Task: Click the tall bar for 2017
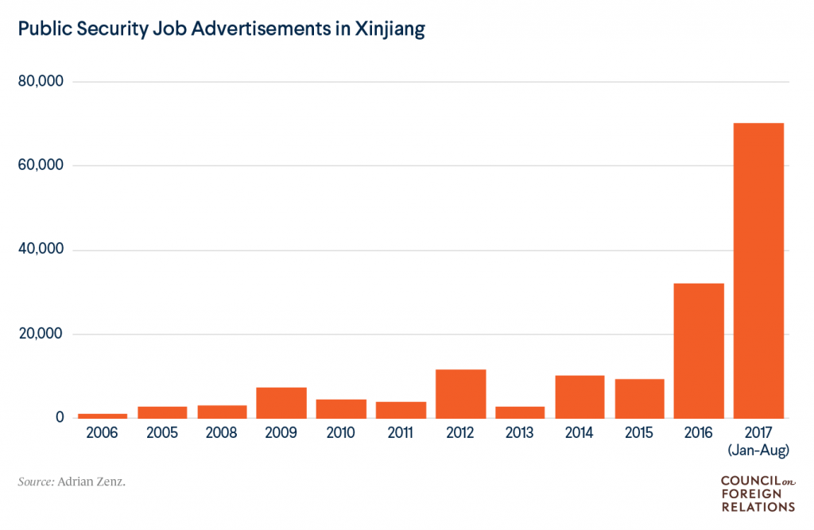(x=758, y=270)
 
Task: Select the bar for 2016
(x=699, y=350)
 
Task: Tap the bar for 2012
(x=460, y=393)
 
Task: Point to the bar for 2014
(x=579, y=397)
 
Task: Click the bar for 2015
(x=639, y=398)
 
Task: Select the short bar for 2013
(x=520, y=412)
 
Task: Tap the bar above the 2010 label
(x=341, y=408)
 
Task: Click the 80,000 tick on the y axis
(x=41, y=82)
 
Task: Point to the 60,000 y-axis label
(x=41, y=166)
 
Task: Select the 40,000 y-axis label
(x=41, y=250)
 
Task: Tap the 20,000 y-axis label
(x=41, y=334)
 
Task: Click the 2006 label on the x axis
(x=103, y=434)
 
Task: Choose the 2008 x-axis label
(x=222, y=434)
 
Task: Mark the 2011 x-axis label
(x=401, y=434)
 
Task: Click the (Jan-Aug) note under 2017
(x=758, y=451)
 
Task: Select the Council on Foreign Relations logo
(x=757, y=493)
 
